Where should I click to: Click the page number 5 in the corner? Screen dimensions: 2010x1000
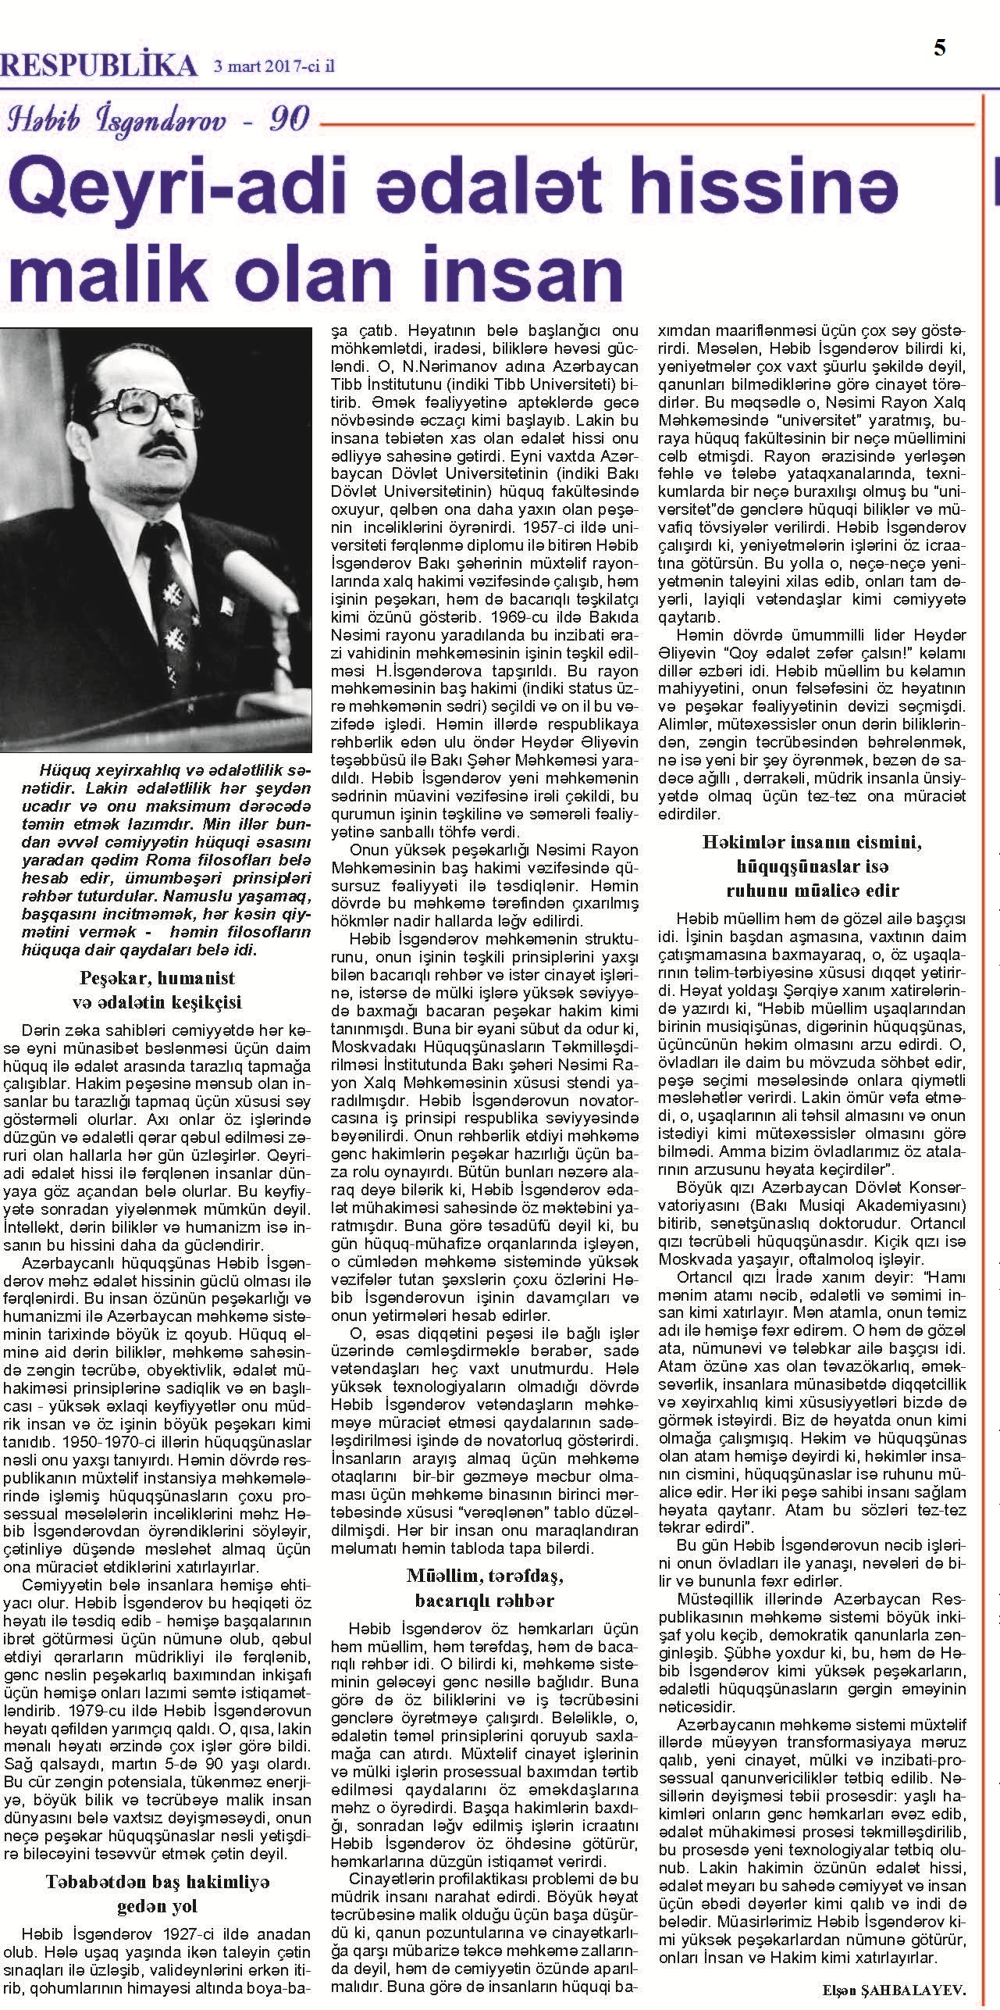pos(940,48)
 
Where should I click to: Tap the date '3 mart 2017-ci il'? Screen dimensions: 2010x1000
pos(273,68)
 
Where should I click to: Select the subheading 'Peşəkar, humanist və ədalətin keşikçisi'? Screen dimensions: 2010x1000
pos(157,990)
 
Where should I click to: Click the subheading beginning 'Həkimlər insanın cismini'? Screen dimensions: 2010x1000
pos(812,866)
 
